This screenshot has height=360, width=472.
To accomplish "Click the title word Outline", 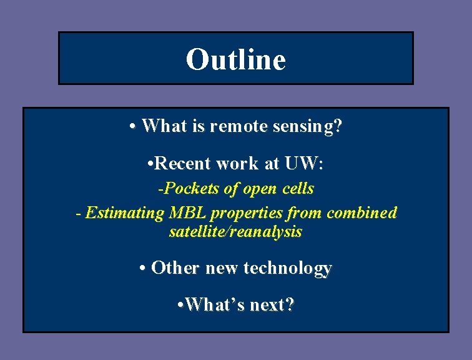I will (x=235, y=60).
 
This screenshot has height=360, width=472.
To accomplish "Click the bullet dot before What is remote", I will (x=134, y=127).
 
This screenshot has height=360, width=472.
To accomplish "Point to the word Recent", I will (x=183, y=164).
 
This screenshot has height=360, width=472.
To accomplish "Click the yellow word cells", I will (x=298, y=189).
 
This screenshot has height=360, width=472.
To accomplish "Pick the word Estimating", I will (x=124, y=213).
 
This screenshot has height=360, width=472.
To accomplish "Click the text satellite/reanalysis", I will (x=235, y=232).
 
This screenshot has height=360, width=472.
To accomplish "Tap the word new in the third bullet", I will (x=222, y=268).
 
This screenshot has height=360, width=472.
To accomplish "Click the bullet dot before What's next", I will (x=180, y=305).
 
